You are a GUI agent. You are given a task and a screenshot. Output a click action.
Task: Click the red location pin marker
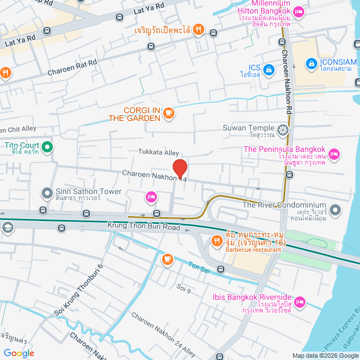[179, 168]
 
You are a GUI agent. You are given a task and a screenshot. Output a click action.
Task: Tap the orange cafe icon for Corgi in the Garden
[168, 114]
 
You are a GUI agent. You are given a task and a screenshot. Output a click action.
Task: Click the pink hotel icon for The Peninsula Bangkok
[334, 153]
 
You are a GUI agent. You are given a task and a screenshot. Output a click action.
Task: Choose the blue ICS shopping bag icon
[269, 69]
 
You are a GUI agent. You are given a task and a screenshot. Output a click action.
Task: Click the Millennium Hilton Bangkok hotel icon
[299, 11]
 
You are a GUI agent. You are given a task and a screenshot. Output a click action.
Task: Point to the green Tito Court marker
[47, 148]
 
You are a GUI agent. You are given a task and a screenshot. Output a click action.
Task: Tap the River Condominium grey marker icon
[335, 211]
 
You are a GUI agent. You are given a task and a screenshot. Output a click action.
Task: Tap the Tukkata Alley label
[159, 152]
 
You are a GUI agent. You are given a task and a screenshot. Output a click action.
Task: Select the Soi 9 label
[183, 289]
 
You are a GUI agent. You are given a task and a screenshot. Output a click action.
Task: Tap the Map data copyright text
[324, 355]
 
